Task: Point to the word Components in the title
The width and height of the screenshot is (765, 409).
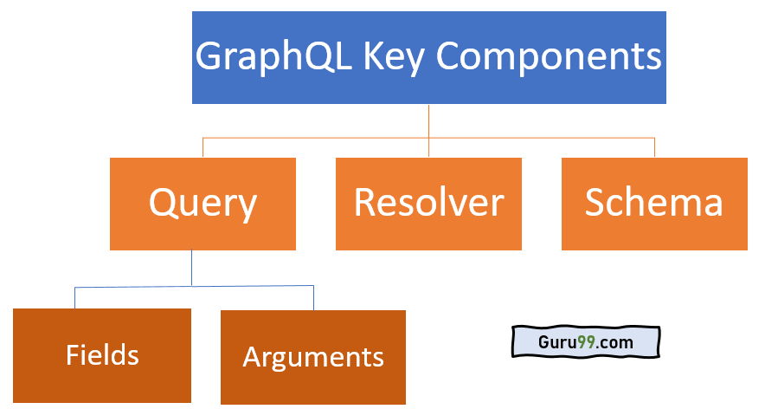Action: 549,58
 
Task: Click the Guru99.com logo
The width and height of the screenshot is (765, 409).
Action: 585,342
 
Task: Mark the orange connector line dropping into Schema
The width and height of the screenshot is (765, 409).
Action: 654,147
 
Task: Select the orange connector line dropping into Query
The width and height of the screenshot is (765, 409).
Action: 202,147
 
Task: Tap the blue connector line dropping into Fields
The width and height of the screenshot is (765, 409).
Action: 74,298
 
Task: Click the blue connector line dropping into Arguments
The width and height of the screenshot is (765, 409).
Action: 313,298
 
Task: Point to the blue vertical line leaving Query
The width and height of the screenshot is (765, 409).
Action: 192,268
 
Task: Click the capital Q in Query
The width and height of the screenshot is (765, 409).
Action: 163,204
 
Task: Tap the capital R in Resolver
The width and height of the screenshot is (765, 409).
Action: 365,203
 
